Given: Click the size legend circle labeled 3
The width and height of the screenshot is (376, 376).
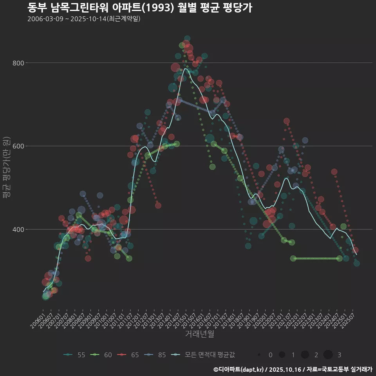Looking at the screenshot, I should pos(328,355).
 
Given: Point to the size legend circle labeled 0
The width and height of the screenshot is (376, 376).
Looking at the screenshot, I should pos(259,355).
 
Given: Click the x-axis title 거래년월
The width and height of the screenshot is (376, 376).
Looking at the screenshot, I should pos(199,334).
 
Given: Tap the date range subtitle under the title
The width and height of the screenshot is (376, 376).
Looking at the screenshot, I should pos(84,19).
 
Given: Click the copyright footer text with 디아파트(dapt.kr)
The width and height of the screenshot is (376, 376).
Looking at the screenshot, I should pos(293,369).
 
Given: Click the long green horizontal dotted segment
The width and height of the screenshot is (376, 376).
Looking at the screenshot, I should pos(316,258).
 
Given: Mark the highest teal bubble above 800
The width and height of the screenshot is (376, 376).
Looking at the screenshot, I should pos(187,39).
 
